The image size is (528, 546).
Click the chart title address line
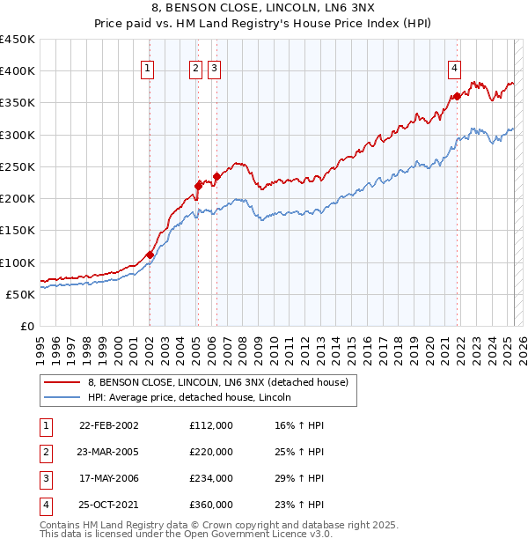264,10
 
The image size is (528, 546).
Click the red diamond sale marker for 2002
150,255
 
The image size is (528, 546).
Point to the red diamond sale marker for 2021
458,96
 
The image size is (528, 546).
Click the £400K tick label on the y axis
18,71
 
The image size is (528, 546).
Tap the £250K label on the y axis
18,166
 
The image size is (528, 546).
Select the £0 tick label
27,326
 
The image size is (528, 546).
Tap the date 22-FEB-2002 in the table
108,425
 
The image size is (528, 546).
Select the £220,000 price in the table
211,452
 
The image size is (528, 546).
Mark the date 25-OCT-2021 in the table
108,505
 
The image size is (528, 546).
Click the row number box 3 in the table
44,478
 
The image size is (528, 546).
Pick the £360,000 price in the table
211,505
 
